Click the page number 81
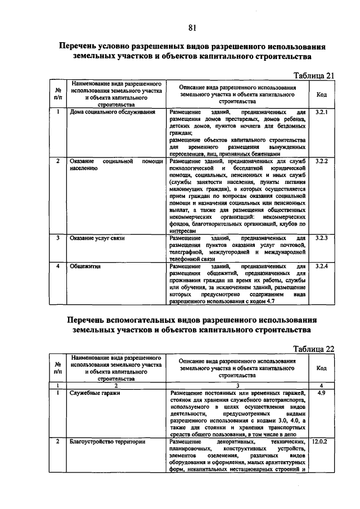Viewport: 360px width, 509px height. [x=192, y=28]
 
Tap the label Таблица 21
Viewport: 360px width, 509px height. [x=315, y=75]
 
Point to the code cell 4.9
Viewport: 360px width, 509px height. [x=322, y=393]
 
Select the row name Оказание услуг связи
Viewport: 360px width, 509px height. [x=97, y=238]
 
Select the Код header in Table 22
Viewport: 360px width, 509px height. [x=322, y=368]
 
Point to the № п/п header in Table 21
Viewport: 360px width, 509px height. [x=58, y=94]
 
